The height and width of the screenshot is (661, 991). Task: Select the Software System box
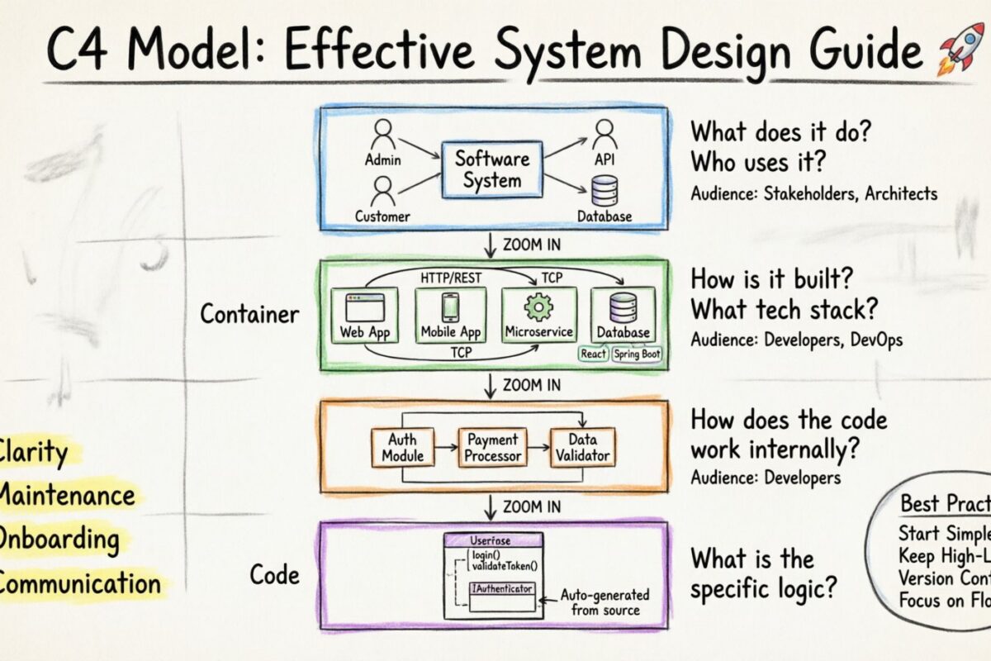[x=491, y=169]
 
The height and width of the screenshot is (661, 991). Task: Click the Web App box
[x=364, y=315]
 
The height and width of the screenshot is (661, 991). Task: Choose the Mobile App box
[x=450, y=315]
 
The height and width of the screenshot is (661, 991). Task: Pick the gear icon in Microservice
[x=538, y=307]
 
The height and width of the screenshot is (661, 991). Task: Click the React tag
[x=594, y=354]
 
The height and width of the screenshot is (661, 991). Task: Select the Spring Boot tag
[x=637, y=354]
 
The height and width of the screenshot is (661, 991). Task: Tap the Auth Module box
[x=403, y=447]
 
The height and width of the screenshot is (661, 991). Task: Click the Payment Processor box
[x=492, y=447]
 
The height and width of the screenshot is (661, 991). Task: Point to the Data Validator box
[x=582, y=447]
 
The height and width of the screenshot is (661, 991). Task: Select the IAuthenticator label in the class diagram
[x=502, y=589]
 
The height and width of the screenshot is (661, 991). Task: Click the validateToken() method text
[x=504, y=566]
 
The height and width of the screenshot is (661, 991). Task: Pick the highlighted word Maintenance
[x=66, y=496]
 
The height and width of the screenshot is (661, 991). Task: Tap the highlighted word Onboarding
[x=58, y=540]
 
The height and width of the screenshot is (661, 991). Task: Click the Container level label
[x=250, y=314]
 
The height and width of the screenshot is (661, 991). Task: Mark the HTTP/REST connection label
[x=451, y=278]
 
